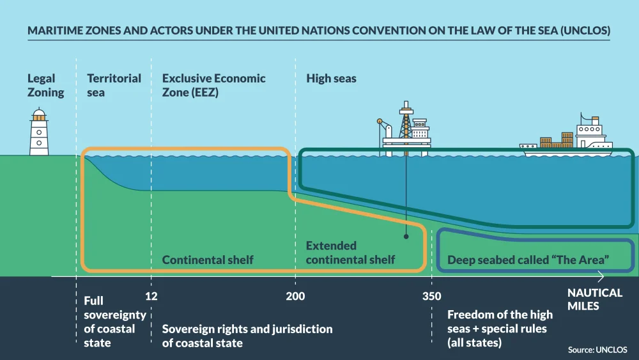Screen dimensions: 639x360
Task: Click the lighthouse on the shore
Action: coord(39,132)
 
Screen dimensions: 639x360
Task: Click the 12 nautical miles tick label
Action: coord(151,296)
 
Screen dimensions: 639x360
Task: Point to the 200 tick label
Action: coord(295,296)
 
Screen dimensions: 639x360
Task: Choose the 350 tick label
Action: coord(431,296)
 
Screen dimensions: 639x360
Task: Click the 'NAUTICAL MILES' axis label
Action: coord(594,299)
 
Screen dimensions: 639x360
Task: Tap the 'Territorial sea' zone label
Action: coord(114,85)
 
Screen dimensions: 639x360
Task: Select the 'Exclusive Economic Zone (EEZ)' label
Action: coord(213,85)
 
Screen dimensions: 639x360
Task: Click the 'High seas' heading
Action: coord(331,78)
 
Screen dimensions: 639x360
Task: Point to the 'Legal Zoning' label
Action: coord(45,85)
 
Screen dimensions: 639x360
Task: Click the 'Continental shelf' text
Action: coord(208,260)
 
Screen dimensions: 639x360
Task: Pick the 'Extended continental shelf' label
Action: coord(350,253)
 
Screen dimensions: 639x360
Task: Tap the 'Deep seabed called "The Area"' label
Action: coord(528,260)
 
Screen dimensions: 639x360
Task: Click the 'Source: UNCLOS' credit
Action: coord(597,350)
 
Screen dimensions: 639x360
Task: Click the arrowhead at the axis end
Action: coord(601,276)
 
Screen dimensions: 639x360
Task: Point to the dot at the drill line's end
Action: coord(406,237)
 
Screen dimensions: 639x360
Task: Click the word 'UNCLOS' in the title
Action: coord(585,31)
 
